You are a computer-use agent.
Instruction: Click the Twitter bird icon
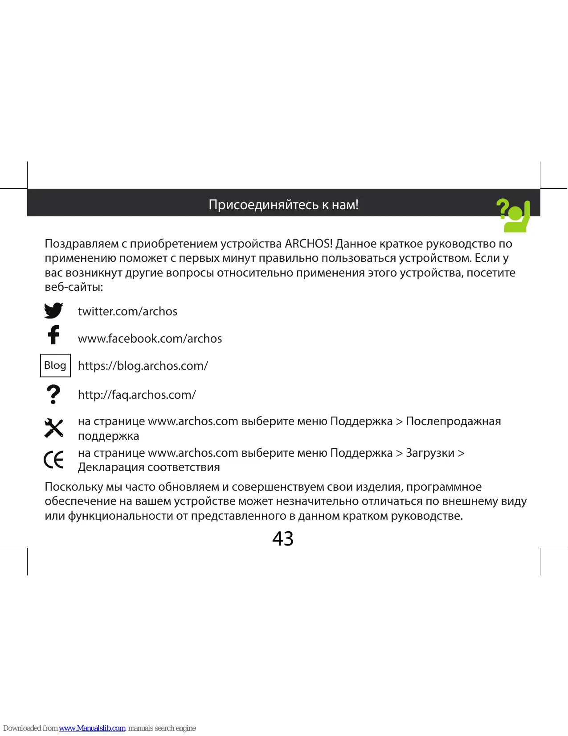tap(53, 310)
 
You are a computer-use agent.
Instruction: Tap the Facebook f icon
tap(53, 335)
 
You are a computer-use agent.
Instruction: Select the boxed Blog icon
tap(55, 365)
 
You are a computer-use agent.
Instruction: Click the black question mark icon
tap(53, 394)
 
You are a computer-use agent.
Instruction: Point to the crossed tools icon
tap(54, 428)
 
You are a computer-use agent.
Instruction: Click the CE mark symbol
tap(54, 459)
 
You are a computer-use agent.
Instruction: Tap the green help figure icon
tap(514, 215)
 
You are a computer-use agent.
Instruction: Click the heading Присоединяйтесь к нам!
tap(283, 205)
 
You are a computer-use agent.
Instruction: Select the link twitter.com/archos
tap(127, 311)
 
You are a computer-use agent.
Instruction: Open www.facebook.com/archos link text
tap(150, 339)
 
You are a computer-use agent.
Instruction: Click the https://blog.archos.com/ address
tap(143, 366)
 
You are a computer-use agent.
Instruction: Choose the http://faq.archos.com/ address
tap(137, 395)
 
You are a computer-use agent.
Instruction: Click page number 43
tap(283, 539)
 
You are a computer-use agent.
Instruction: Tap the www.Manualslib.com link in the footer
tap(92, 728)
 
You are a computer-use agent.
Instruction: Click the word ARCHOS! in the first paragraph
tap(309, 244)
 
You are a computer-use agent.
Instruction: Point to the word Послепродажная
tap(453, 422)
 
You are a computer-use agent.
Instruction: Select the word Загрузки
tap(430, 453)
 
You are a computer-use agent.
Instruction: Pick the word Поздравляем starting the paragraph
tap(82, 244)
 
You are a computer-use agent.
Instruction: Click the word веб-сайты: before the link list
tap(74, 287)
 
